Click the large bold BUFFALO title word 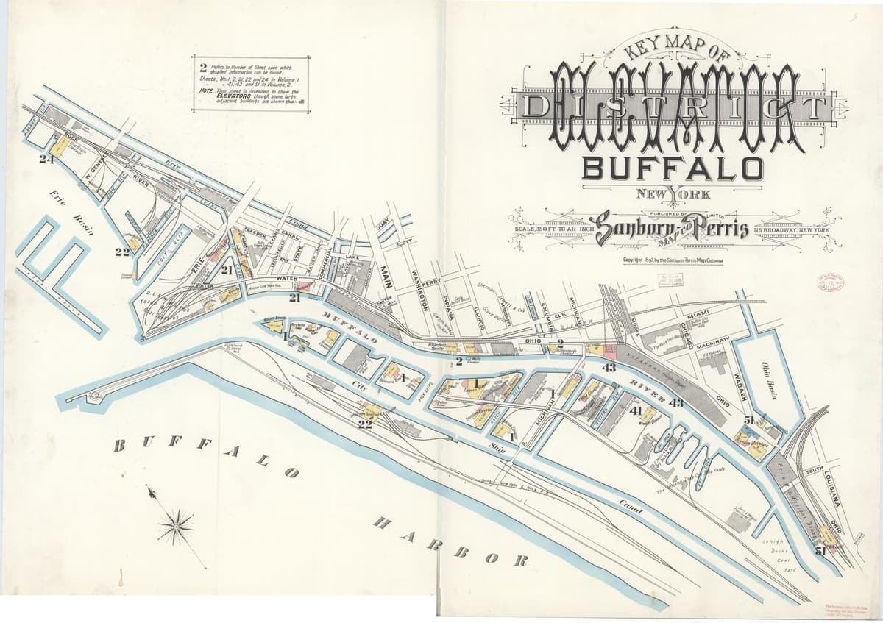[x=672, y=168]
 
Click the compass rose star [x=176, y=525]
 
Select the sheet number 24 [x=48, y=159]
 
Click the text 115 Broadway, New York [x=792, y=231]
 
